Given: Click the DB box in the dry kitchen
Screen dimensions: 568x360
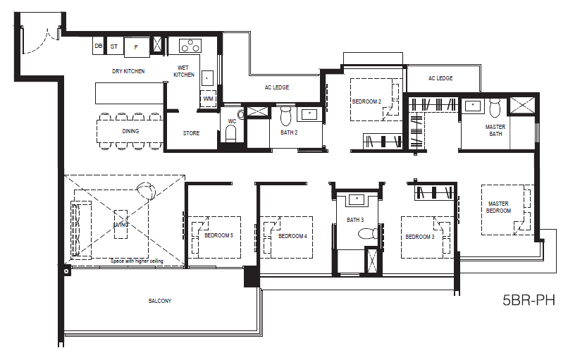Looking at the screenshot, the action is click(98, 46).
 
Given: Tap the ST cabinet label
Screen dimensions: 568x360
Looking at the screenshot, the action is click(113, 46).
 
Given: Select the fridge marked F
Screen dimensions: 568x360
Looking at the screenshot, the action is click(137, 47).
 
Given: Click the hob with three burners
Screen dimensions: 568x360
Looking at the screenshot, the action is click(190, 46).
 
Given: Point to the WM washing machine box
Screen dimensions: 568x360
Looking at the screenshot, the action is click(209, 99).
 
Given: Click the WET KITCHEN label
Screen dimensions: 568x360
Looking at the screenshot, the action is click(184, 71).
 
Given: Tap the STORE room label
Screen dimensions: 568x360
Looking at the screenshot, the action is click(191, 133).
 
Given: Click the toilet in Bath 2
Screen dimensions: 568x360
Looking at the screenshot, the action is click(286, 115).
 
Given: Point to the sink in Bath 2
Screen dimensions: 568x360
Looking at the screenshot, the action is click(309, 114).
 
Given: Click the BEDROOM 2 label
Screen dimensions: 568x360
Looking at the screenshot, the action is click(366, 101).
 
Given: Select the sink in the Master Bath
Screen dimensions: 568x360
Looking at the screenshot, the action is click(473, 106).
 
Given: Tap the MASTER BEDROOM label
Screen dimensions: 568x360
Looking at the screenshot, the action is click(498, 207).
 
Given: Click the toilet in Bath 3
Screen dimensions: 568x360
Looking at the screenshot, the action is click(368, 233).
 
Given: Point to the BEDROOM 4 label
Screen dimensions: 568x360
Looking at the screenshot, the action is click(292, 236).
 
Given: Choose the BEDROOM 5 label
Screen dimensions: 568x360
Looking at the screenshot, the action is click(218, 235).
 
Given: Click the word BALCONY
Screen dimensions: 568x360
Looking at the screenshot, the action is click(160, 301).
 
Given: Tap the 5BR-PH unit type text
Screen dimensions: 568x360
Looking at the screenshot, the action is click(529, 300).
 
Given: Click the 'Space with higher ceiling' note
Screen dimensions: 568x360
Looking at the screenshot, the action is click(137, 261).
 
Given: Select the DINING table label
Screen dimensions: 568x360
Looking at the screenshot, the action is click(130, 131).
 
